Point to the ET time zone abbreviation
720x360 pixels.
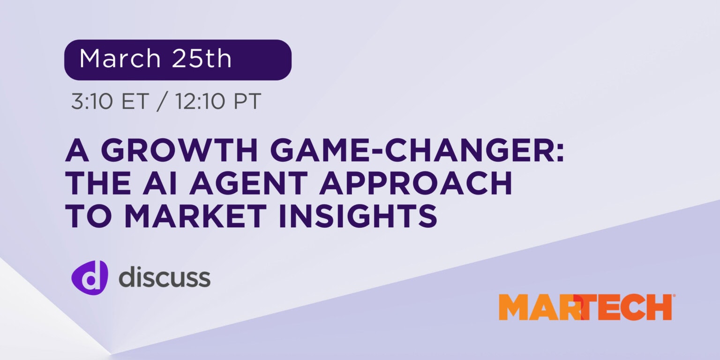coord(131,102)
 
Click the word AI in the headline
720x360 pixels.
coord(164,184)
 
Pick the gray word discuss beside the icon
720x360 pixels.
coord(164,277)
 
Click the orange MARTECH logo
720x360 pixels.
coord(585,307)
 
